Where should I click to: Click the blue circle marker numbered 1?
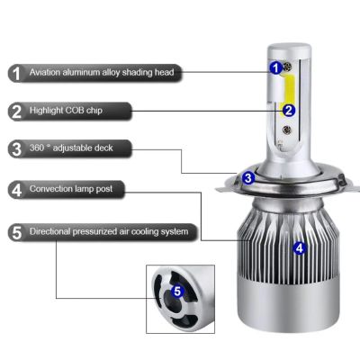tap(276, 67)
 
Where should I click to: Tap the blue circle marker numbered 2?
tap(289, 111)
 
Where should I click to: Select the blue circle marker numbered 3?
tap(247, 178)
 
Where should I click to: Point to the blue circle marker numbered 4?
tap(300, 247)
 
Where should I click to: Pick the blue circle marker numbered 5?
tap(177, 291)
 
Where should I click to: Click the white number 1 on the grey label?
tap(16, 74)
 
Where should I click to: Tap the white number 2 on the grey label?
tap(17, 112)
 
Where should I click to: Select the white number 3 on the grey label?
tap(17, 149)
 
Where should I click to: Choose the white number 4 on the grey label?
tap(17, 190)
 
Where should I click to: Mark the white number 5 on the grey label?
tap(17, 232)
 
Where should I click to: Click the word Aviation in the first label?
tap(45, 72)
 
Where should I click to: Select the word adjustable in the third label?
tap(72, 148)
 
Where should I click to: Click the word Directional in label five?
tap(49, 231)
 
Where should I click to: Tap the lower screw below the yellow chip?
tap(287, 130)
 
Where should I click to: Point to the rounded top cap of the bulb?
tap(289, 48)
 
